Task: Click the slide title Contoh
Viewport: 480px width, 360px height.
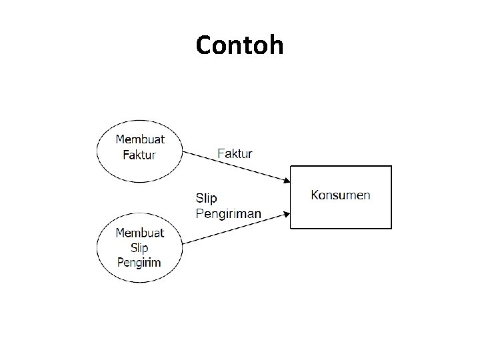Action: point(240,45)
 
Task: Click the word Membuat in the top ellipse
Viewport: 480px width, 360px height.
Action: point(140,139)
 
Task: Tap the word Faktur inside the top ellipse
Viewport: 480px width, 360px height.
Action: point(140,155)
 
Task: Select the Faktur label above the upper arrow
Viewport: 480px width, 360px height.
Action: point(235,153)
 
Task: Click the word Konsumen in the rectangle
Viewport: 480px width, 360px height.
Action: point(341,195)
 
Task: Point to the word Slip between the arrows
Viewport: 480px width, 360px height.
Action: point(206,198)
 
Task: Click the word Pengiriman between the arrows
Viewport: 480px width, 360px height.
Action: point(229,213)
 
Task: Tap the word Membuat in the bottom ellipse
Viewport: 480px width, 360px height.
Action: point(139,233)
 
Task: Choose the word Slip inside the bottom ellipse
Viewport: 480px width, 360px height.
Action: point(139,247)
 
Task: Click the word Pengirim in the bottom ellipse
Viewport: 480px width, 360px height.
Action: point(139,262)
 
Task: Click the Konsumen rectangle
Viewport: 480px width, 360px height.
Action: point(341,213)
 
